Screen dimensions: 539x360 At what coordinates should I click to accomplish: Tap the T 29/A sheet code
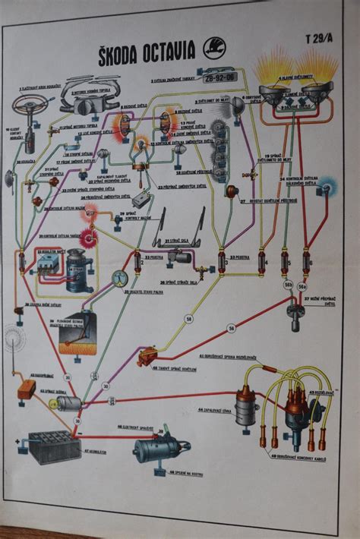point(320,38)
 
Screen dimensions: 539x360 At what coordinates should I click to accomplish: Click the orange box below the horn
point(27,389)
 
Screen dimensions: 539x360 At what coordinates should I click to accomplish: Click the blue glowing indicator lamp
point(327,185)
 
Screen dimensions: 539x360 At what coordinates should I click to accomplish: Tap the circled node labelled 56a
point(302,286)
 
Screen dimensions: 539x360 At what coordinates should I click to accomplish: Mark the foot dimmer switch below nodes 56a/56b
point(295,308)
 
